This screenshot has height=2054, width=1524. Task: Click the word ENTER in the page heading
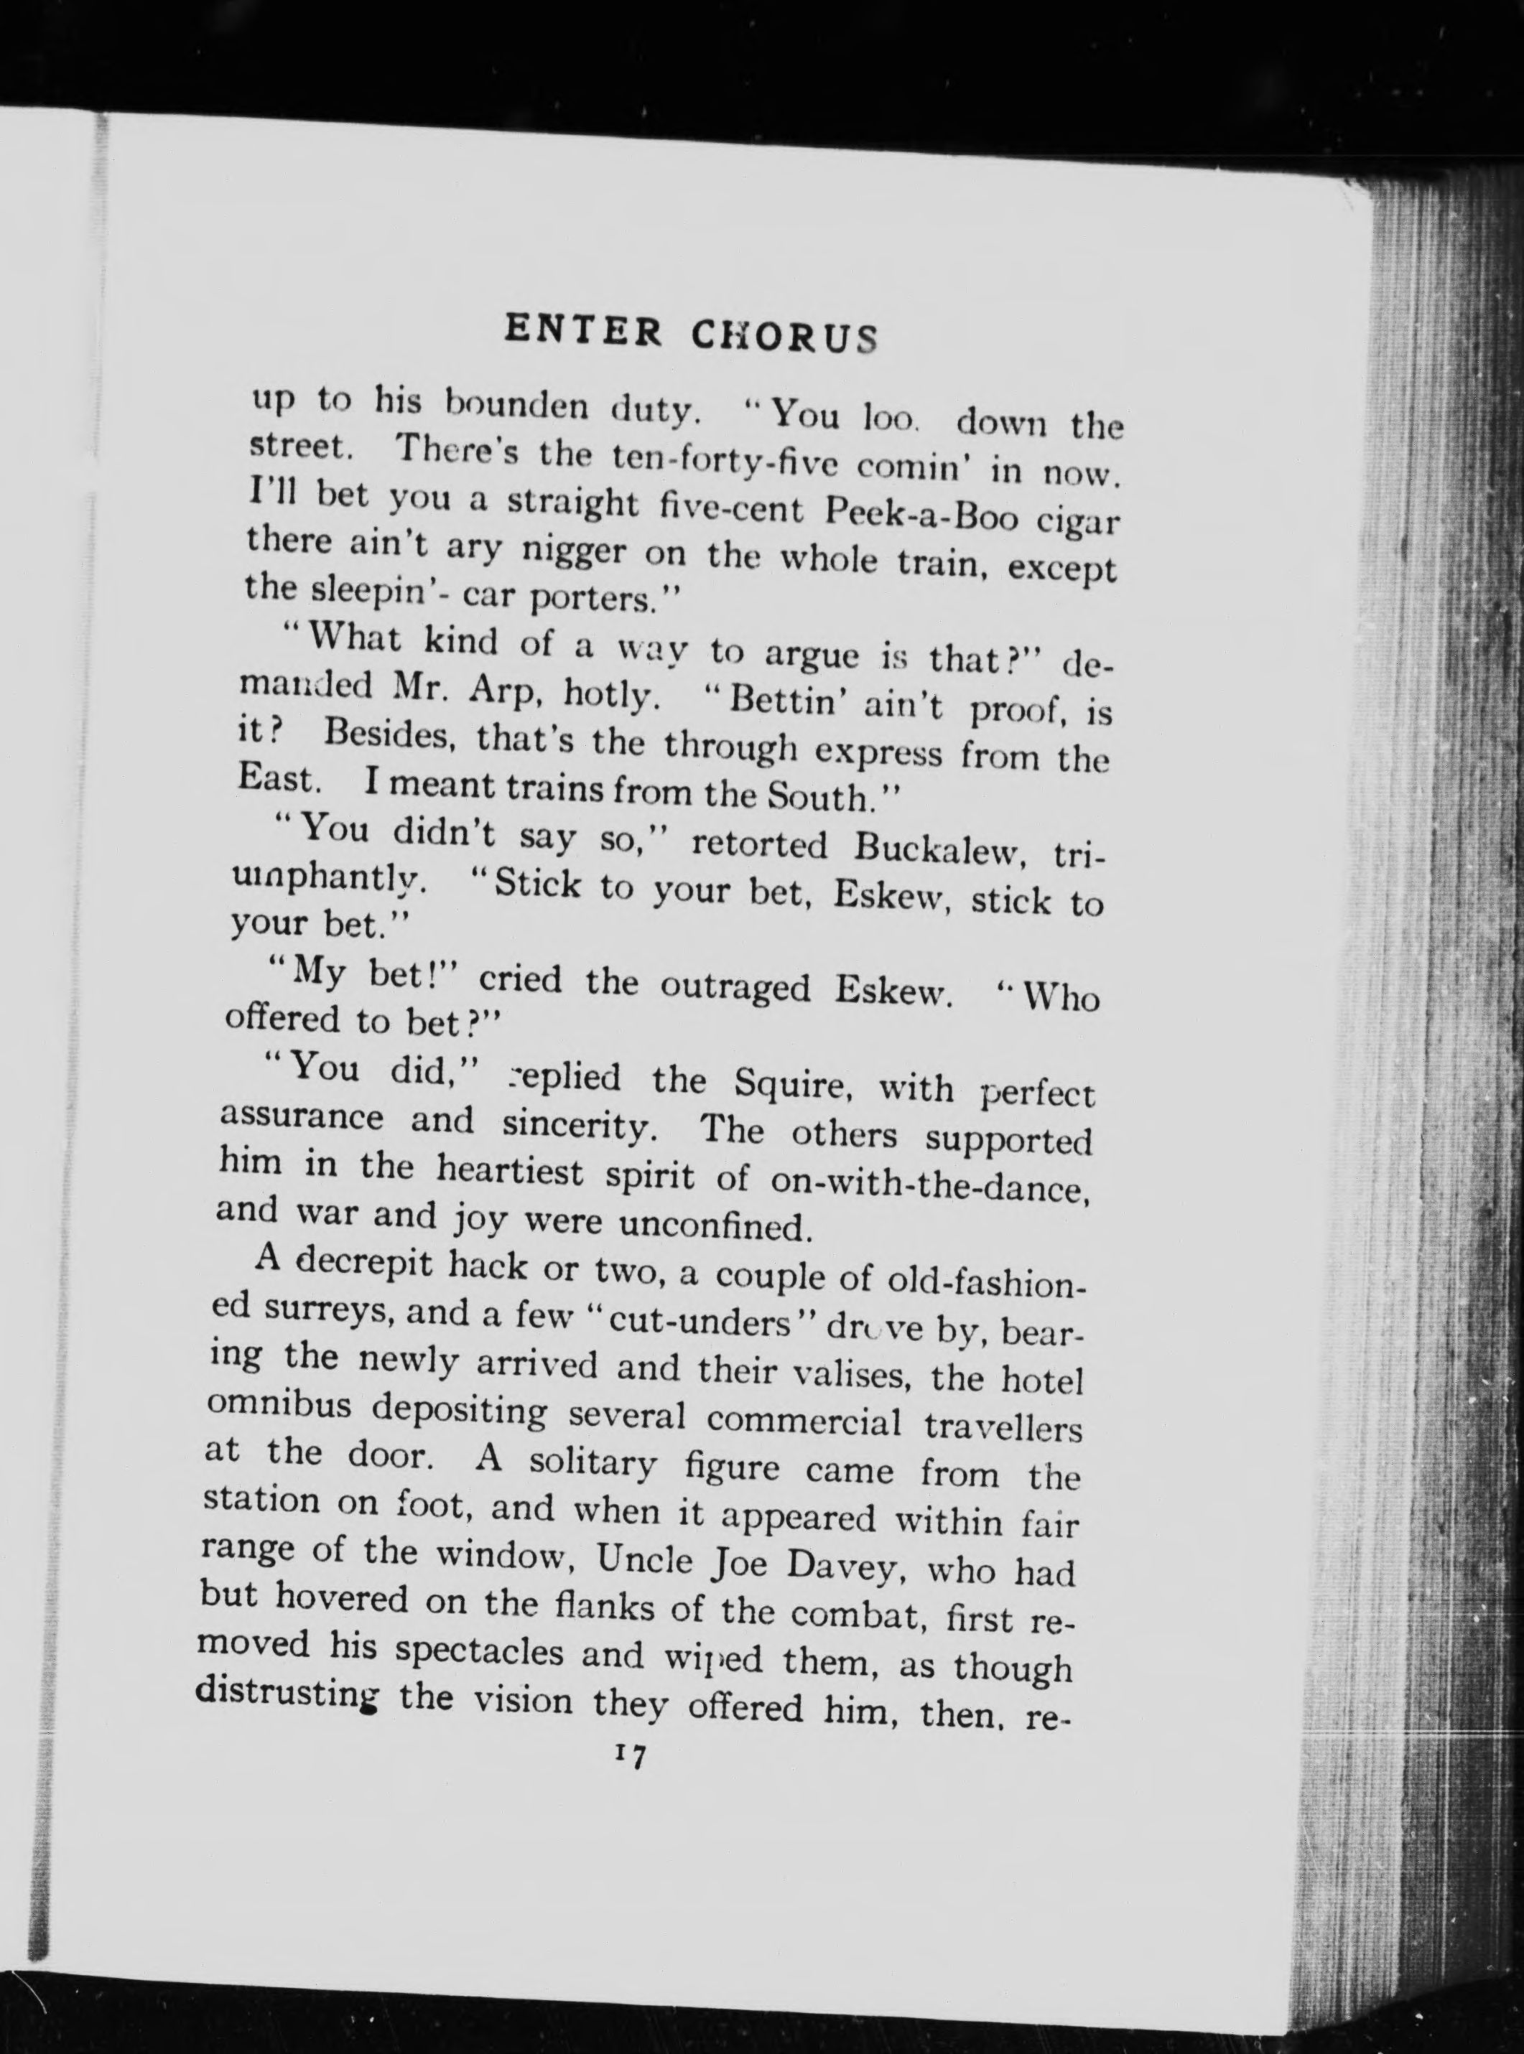point(583,330)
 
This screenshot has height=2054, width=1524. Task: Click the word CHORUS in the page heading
point(784,337)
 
